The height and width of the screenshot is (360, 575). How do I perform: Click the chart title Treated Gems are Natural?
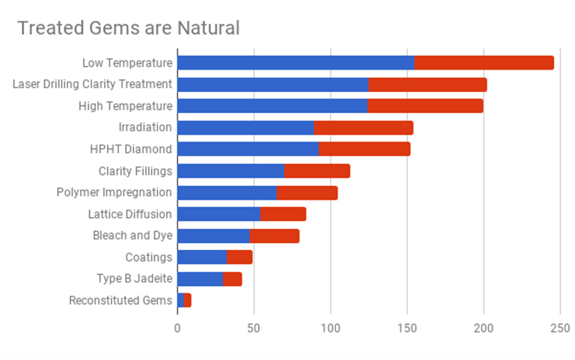(128, 28)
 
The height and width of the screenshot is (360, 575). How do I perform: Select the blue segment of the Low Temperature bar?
(296, 63)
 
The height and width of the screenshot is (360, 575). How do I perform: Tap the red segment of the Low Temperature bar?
(484, 63)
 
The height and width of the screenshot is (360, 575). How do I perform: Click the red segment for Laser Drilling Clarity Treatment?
(428, 85)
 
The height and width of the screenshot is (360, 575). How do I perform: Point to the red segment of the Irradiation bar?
(363, 128)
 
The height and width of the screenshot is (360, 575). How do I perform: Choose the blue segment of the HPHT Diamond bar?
(248, 149)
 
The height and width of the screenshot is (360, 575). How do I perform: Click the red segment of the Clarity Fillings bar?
(317, 171)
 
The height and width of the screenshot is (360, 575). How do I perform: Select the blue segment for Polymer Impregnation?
(227, 192)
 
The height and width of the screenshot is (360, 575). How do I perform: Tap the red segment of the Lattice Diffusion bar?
(283, 214)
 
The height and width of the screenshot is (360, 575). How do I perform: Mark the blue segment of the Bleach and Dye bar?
(213, 236)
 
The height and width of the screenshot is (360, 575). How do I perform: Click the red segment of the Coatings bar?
(240, 257)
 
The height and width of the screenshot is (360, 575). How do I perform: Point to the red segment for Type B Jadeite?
(232, 279)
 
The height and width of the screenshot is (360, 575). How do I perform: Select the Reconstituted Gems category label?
(120, 301)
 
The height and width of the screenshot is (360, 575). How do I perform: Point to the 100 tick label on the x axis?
(330, 328)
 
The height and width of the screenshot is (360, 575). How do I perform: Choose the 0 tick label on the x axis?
(177, 328)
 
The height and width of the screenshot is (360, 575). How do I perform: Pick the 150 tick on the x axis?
(407, 328)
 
